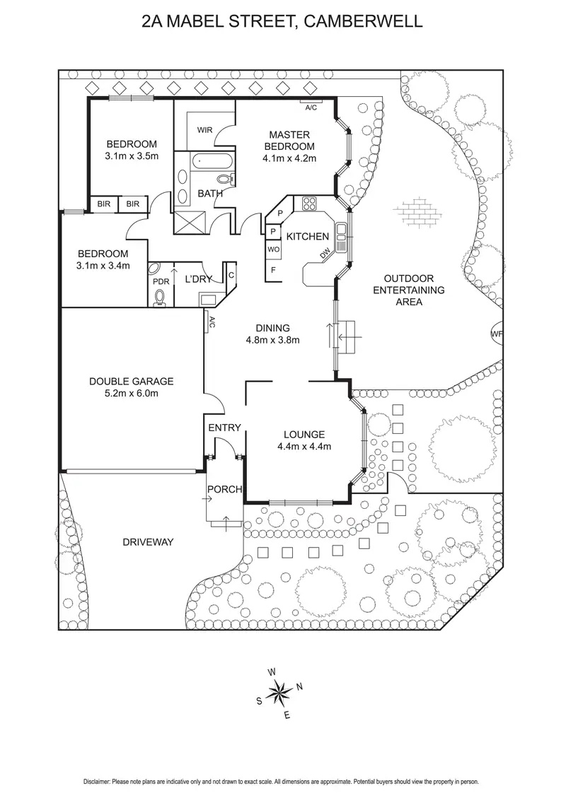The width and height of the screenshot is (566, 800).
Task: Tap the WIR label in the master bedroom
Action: point(205,130)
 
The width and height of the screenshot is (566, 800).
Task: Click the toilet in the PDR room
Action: point(160,297)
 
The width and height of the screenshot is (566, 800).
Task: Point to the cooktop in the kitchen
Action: point(310,205)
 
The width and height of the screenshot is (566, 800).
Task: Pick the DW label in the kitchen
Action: point(325,254)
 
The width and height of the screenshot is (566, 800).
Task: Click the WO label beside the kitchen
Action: point(273,249)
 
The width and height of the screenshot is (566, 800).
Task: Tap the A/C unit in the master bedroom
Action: point(311,107)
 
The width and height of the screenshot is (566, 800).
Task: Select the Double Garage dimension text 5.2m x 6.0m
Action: point(131,393)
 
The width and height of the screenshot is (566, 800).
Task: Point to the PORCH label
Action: point(224,490)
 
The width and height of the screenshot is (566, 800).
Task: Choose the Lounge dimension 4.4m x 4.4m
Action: point(304,446)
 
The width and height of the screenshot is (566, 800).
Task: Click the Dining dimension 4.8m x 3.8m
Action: point(273,339)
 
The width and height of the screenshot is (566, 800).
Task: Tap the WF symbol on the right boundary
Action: point(497,334)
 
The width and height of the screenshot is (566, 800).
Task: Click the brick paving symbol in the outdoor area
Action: point(420,210)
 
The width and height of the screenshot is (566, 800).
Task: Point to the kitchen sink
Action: point(341,235)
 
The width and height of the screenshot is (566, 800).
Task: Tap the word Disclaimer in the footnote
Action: point(98,782)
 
